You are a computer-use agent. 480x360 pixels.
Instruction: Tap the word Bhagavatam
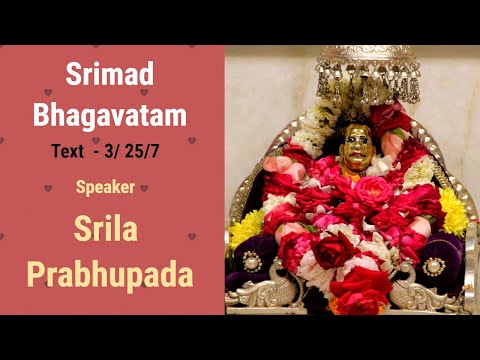110,115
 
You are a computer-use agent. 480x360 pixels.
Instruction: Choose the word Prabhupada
111,272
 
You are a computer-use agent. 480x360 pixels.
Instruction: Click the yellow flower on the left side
245,228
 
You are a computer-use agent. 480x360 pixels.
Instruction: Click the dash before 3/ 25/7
98,152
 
